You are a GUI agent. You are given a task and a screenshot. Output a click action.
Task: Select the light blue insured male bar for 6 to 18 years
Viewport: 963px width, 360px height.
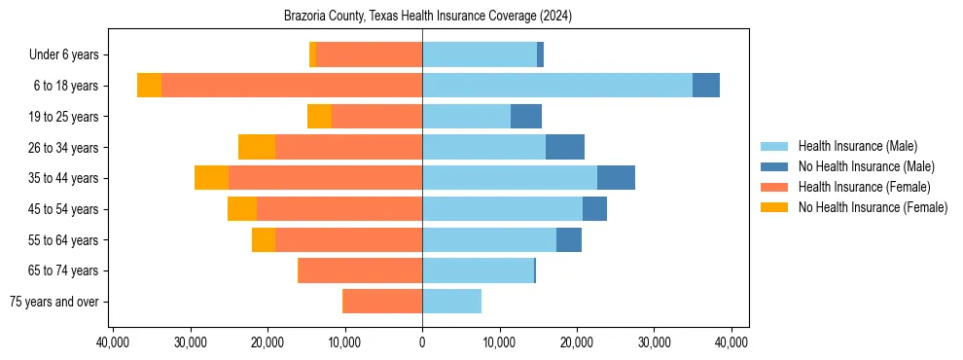(x=556, y=86)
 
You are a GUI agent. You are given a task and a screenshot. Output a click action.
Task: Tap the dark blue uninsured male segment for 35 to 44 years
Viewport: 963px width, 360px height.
(x=616, y=178)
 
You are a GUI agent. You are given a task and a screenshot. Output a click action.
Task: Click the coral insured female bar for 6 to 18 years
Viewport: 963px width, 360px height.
(x=292, y=86)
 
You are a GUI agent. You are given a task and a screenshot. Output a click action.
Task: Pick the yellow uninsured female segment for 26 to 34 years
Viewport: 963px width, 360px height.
(x=257, y=147)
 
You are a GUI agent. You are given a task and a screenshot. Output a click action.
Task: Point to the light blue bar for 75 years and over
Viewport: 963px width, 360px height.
(x=451, y=302)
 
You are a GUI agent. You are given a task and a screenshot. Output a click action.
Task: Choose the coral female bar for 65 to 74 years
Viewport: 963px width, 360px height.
(x=360, y=270)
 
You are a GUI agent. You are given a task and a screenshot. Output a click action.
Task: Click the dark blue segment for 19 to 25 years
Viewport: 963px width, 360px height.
(x=526, y=117)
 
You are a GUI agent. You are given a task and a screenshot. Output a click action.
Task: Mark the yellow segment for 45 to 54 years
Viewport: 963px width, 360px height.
(x=242, y=209)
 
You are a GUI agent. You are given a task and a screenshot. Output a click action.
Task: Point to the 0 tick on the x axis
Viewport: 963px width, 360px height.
(x=422, y=342)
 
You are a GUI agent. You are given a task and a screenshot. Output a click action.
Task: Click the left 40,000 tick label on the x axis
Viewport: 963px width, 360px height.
(x=114, y=342)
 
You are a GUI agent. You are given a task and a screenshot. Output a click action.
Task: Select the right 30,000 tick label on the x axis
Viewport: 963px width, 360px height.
(x=654, y=342)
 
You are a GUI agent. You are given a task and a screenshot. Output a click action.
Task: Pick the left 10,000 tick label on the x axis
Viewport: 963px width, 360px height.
(x=345, y=342)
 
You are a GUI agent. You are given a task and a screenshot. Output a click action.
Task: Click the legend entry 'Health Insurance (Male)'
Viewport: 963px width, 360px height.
(x=857, y=146)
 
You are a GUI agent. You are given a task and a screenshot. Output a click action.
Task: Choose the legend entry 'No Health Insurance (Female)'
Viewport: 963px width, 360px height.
(x=873, y=207)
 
